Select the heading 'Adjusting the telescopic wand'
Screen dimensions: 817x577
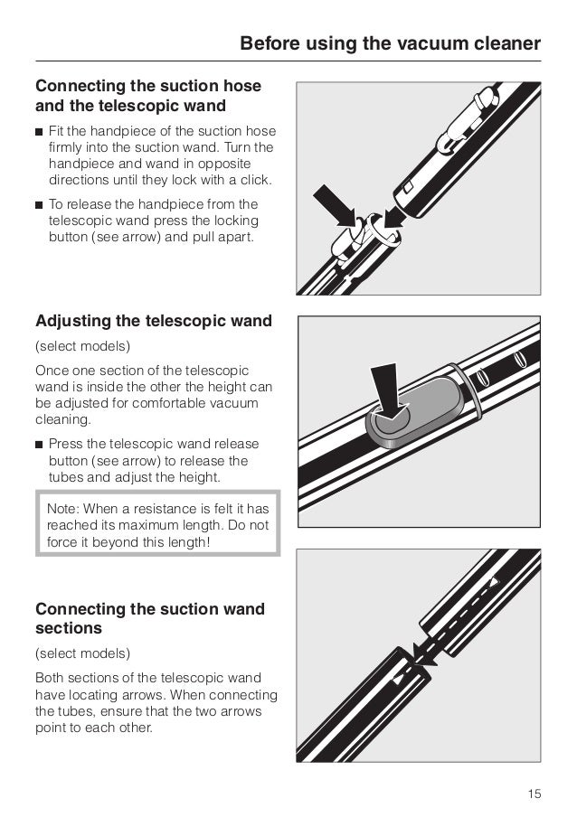(x=153, y=321)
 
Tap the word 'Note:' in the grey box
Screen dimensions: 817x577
(x=63, y=510)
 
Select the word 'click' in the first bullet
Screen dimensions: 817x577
(x=252, y=179)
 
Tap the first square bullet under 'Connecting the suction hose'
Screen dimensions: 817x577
(x=40, y=132)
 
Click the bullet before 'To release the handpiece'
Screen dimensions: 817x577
(x=40, y=204)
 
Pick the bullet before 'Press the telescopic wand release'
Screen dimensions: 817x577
(x=40, y=444)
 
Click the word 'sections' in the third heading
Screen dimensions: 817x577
(x=68, y=627)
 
